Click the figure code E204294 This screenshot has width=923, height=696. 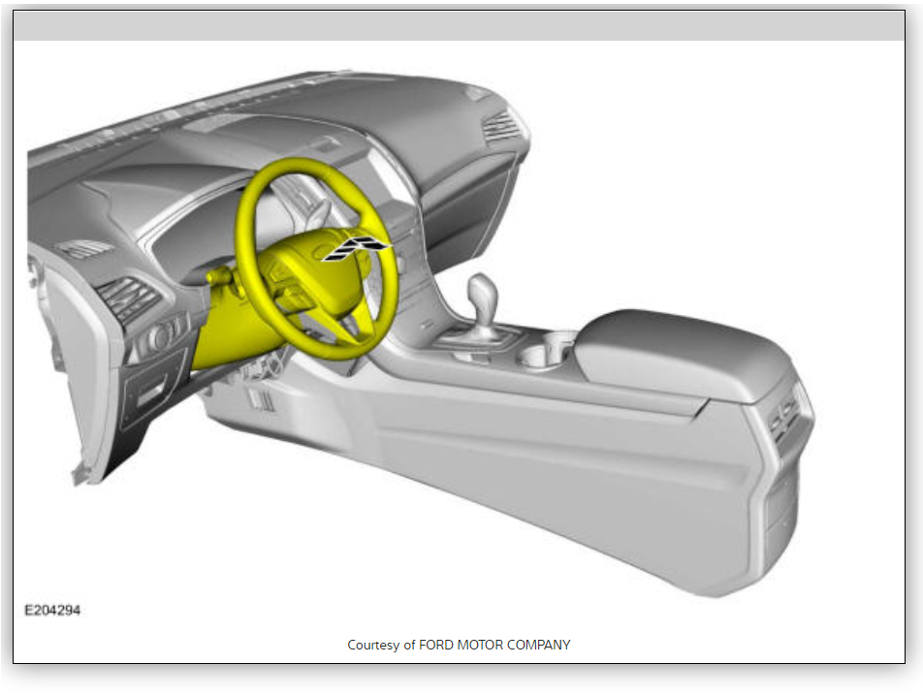[x=52, y=610]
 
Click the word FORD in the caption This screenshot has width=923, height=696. [x=436, y=645]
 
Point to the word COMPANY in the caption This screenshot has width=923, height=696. [x=539, y=645]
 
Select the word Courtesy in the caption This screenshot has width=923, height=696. [x=373, y=645]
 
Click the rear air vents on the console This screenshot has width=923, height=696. [x=786, y=416]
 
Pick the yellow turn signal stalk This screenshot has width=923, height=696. [x=219, y=274]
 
